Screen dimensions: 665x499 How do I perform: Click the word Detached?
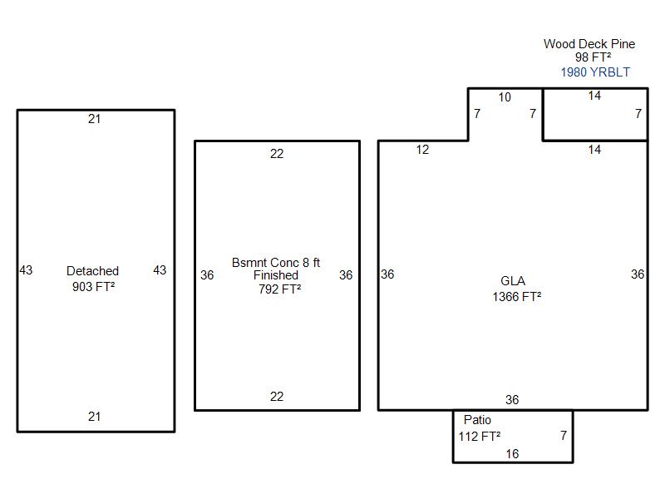[x=92, y=271]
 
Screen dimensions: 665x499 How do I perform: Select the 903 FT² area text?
[x=93, y=286]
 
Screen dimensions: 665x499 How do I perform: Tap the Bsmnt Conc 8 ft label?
[x=276, y=263]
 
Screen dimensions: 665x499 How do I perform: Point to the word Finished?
[x=276, y=275]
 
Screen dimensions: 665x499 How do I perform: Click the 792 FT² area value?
[x=279, y=289]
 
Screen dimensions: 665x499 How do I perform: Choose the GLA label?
[x=513, y=281]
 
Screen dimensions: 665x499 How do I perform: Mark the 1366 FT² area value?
[x=516, y=296]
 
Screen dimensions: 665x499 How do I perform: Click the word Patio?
[x=477, y=420]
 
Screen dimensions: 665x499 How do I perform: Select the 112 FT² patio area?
[x=480, y=436]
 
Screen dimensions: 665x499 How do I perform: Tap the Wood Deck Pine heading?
[x=589, y=44]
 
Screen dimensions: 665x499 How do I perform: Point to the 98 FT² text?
[x=593, y=57]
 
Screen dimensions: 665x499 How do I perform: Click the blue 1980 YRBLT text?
[x=595, y=72]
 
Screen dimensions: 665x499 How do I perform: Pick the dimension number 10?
[x=505, y=97]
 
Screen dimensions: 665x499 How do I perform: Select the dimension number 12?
[x=422, y=150]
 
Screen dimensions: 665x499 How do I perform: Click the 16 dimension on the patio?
[x=512, y=454]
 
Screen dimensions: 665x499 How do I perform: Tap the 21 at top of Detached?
[x=94, y=119]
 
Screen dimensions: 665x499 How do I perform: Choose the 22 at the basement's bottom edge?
[x=277, y=397]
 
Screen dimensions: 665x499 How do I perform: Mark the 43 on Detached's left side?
[x=26, y=269]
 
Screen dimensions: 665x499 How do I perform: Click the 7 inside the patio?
[x=564, y=435]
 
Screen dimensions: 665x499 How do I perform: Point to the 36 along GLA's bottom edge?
[x=512, y=399]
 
